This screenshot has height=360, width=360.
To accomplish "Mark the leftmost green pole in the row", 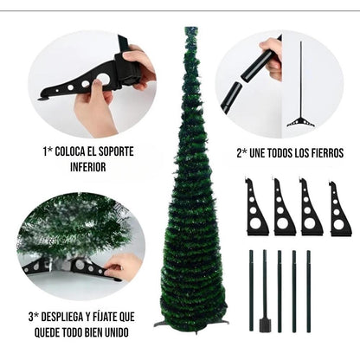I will [252, 290].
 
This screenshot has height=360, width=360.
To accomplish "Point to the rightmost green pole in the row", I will [309, 290].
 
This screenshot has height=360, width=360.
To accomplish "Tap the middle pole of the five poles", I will [280, 290].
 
